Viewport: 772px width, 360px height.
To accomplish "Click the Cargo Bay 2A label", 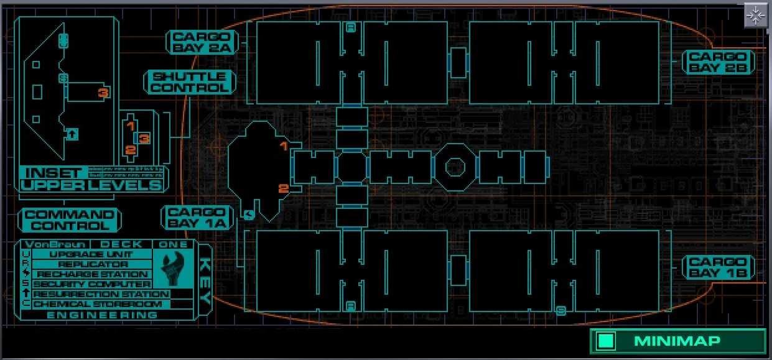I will (x=202, y=42).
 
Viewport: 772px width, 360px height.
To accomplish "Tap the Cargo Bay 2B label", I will (x=720, y=62).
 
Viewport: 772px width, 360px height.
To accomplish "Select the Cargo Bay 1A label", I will (x=197, y=217).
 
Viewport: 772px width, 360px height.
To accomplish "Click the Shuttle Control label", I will (x=190, y=82).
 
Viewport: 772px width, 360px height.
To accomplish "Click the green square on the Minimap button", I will (x=605, y=341).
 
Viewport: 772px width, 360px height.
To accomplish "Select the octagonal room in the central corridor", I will (x=456, y=167).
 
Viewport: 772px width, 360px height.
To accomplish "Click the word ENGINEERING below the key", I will (x=103, y=315).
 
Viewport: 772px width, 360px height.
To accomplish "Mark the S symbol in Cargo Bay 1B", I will (x=561, y=310).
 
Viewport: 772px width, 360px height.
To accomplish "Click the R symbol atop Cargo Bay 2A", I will (x=351, y=27).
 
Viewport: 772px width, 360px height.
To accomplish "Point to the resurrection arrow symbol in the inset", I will (x=72, y=133).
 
